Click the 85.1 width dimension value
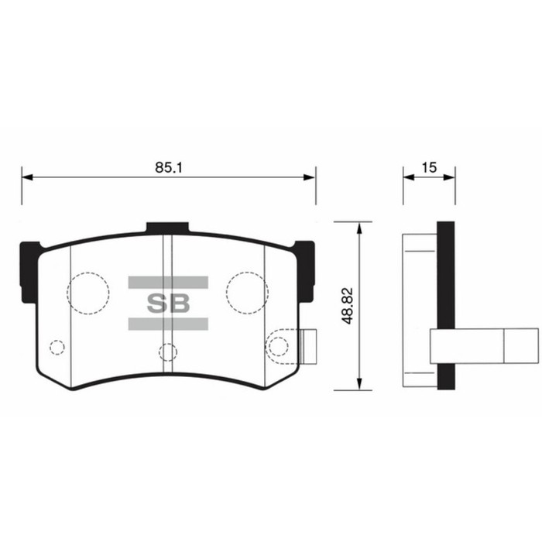[x=168, y=166]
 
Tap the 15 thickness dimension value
[x=430, y=166]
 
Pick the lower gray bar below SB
[x=168, y=324]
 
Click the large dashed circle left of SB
[x=88, y=292]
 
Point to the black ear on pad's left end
[x=28, y=267]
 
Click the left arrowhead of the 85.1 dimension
[x=26, y=178]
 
